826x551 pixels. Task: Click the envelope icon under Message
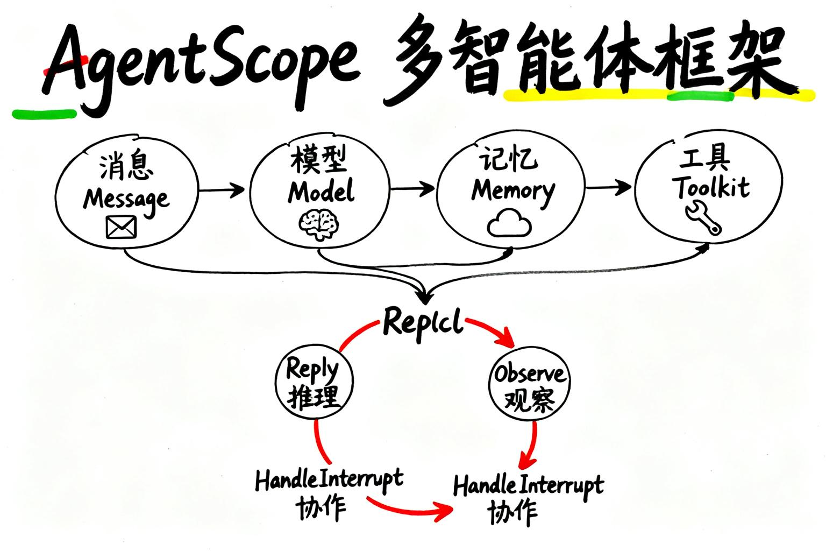click(121, 227)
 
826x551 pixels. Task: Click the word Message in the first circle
click(126, 199)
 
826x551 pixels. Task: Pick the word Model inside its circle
click(321, 192)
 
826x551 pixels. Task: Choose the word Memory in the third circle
click(512, 191)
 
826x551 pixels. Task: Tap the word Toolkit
click(713, 187)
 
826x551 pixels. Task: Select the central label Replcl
click(423, 323)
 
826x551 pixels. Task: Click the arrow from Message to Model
click(222, 189)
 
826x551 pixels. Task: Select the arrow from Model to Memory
click(412, 188)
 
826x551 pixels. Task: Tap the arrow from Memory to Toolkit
click(609, 187)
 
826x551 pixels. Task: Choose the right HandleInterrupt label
click(528, 485)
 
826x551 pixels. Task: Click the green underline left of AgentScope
click(44, 113)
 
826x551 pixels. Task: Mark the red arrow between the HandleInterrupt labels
click(411, 509)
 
